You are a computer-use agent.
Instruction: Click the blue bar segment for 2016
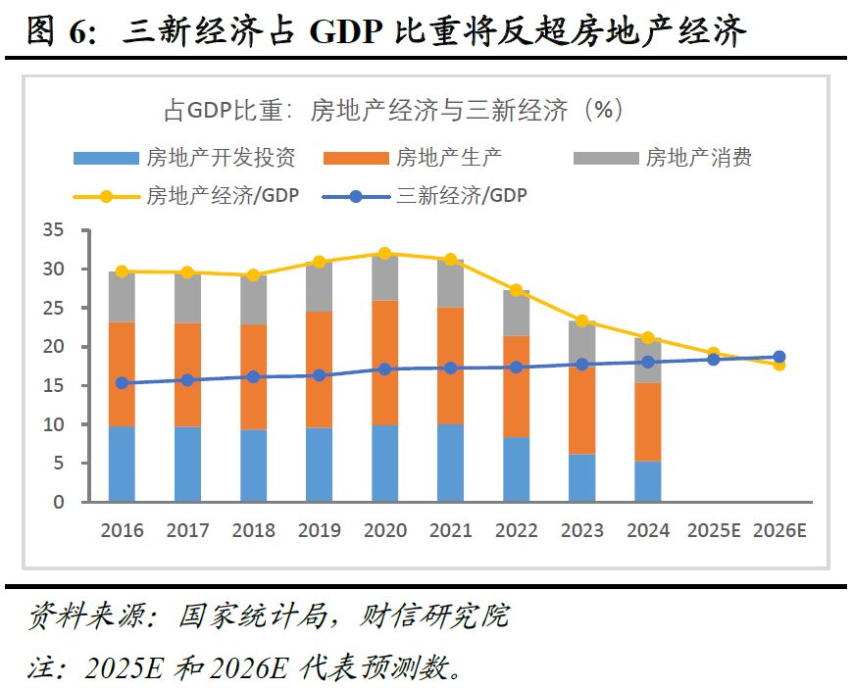[122, 465]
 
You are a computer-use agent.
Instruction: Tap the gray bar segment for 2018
[253, 301]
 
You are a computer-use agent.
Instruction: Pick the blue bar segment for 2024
[648, 482]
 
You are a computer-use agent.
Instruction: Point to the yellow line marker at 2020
[385, 254]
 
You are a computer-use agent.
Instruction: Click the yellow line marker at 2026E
[779, 364]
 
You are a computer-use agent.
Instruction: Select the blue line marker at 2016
[122, 383]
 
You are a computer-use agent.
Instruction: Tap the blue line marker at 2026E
[779, 357]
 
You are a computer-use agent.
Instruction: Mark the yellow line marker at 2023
[582, 320]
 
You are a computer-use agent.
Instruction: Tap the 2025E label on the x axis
[714, 530]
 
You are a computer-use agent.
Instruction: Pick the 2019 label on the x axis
[320, 530]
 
